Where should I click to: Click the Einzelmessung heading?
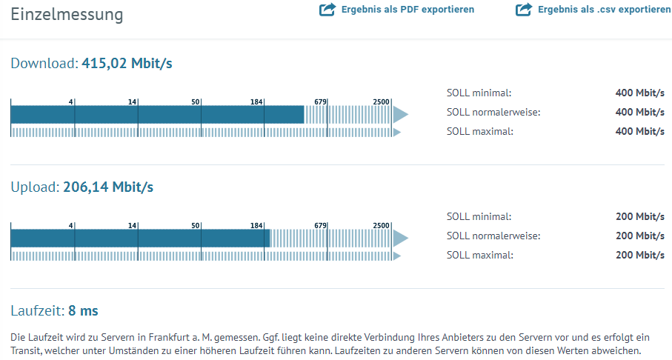pyautogui.click(x=67, y=15)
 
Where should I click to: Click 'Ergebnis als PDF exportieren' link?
pyautogui.click(x=407, y=10)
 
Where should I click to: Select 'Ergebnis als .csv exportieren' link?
pyautogui.click(x=605, y=10)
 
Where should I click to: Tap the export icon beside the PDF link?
pyautogui.click(x=327, y=10)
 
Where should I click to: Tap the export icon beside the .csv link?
pyautogui.click(x=524, y=10)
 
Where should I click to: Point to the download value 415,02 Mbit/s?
pyautogui.click(x=127, y=64)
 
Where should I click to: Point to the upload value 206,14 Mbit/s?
pyautogui.click(x=108, y=187)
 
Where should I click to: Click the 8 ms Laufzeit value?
pyautogui.click(x=83, y=310)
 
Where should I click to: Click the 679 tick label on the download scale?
pyautogui.click(x=320, y=101)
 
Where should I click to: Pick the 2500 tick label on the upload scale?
pyautogui.click(x=381, y=225)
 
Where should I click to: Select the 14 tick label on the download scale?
pyautogui.click(x=132, y=101)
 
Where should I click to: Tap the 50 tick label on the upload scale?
pyautogui.click(x=196, y=225)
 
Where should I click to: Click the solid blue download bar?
pyautogui.click(x=157, y=114)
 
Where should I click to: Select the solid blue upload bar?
pyautogui.click(x=140, y=239)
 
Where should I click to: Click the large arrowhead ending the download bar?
pyautogui.click(x=400, y=114)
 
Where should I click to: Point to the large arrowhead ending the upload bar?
pyautogui.click(x=400, y=239)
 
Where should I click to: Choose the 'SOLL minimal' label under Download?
pyautogui.click(x=479, y=93)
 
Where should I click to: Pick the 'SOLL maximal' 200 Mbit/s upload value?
pyautogui.click(x=640, y=255)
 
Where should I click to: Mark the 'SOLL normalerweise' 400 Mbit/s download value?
pyautogui.click(x=640, y=113)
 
